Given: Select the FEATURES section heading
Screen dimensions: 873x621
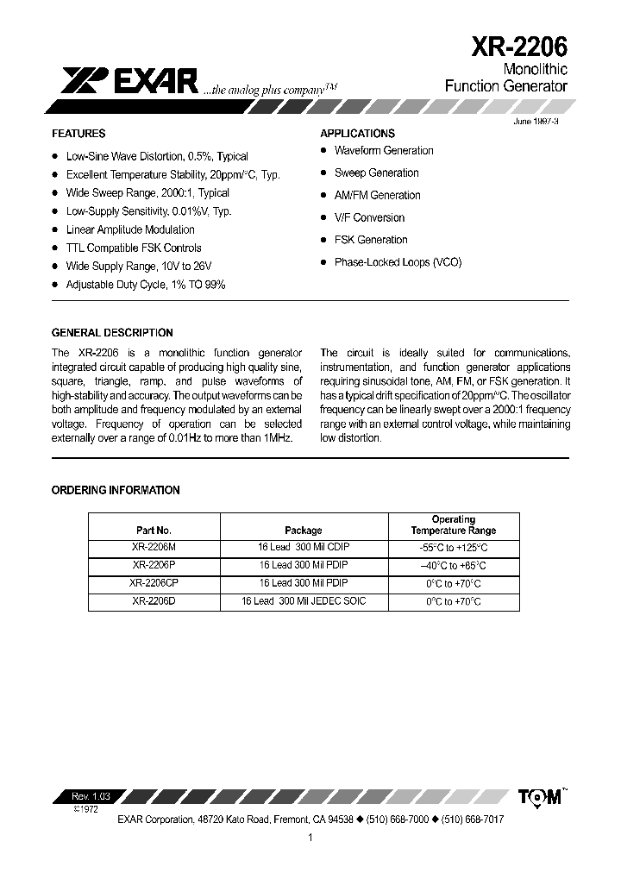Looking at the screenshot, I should point(78,134).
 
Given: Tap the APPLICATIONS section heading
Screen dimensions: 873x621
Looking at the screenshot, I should point(357,134).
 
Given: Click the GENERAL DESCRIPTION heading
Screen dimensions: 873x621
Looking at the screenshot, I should point(112,333).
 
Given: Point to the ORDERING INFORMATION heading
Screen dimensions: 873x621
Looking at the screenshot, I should point(116,490).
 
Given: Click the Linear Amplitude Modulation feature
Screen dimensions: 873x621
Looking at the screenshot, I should point(130,229).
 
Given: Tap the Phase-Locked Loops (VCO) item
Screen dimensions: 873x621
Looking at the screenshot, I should point(398,262).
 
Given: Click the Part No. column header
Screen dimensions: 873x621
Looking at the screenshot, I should point(154,531).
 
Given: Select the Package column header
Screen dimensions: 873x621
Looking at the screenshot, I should point(303,531).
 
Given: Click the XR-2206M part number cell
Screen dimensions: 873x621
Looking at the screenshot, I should point(154,548).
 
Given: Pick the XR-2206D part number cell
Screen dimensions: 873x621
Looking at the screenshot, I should point(154,601).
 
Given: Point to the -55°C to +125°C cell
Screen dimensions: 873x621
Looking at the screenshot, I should point(454,548).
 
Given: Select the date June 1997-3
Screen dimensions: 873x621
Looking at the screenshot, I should point(536,122).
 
